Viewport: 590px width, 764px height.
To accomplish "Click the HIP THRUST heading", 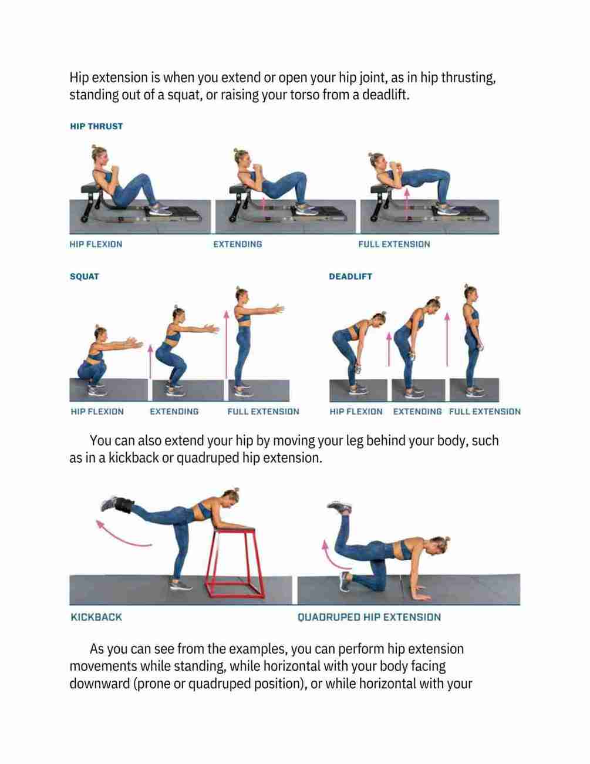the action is pyautogui.click(x=96, y=126).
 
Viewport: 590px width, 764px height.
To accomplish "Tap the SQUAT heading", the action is pyautogui.click(x=85, y=277).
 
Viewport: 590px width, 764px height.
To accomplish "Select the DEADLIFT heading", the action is pyautogui.click(x=350, y=277).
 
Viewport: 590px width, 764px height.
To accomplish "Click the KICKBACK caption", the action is pyautogui.click(x=96, y=617).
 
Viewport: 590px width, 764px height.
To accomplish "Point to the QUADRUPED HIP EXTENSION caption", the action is pyautogui.click(x=369, y=617).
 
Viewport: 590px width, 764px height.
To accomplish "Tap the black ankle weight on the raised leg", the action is pyautogui.click(x=124, y=505).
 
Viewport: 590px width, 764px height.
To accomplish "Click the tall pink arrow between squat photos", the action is pyautogui.click(x=226, y=345).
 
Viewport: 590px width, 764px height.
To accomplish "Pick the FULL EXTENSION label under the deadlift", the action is pyautogui.click(x=484, y=411).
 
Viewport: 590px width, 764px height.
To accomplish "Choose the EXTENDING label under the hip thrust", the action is pyautogui.click(x=238, y=244).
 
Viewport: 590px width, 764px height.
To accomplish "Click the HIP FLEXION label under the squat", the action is pyautogui.click(x=97, y=411).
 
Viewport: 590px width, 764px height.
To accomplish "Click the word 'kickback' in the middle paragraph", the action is pyautogui.click(x=133, y=458).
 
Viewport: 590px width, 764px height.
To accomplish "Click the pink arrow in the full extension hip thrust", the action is pyautogui.click(x=407, y=204).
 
